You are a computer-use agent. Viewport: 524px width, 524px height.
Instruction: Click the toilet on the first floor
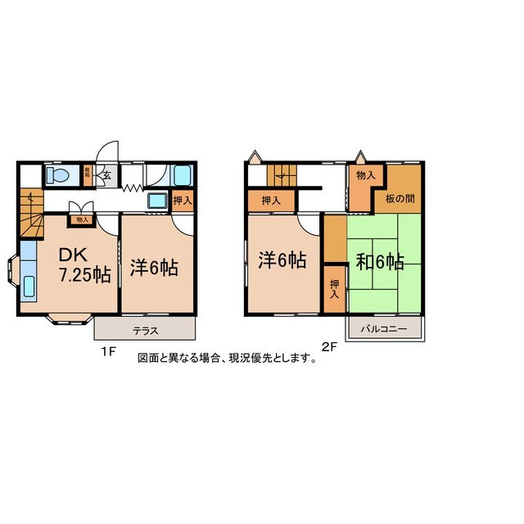click(57, 176)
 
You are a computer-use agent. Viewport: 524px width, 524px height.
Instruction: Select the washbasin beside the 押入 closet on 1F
click(156, 201)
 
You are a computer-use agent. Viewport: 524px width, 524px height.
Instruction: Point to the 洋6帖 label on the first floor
click(154, 267)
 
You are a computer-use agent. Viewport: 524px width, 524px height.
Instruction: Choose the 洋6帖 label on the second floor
click(282, 260)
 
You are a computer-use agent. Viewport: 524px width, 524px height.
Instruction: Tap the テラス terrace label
click(146, 332)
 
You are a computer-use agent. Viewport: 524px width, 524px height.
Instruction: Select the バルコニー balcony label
click(386, 330)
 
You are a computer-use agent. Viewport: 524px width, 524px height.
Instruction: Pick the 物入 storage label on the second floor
click(366, 175)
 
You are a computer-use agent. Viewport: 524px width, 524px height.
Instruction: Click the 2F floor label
click(330, 346)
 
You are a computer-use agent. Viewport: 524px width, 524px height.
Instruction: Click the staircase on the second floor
click(280, 174)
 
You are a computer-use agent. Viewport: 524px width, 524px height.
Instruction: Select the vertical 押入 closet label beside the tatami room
click(334, 288)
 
